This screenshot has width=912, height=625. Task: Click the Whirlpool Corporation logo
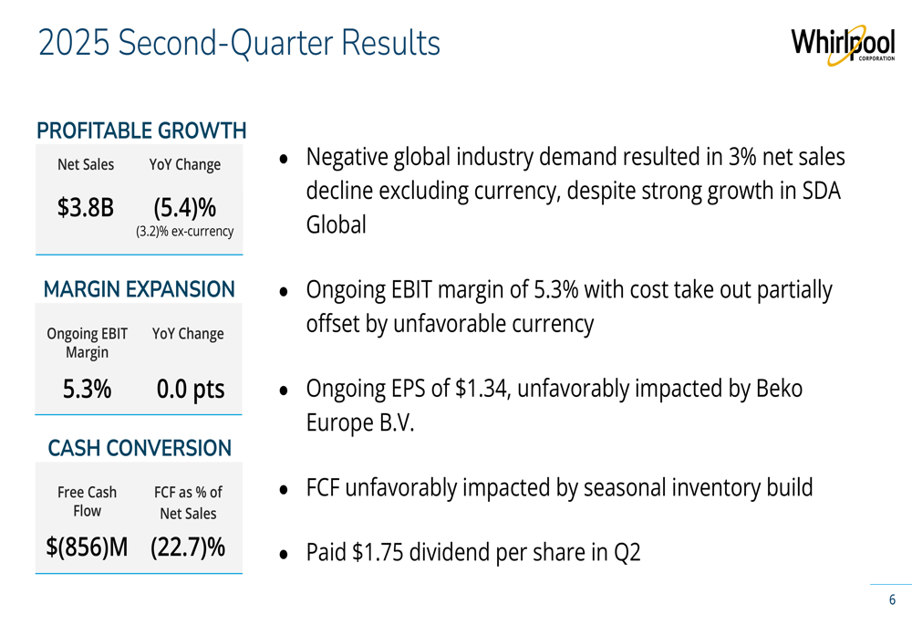coord(842,46)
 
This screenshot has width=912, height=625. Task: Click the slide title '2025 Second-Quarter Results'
coord(239,43)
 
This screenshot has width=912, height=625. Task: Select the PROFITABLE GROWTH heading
coord(141,130)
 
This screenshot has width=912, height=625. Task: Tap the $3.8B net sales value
coord(86,208)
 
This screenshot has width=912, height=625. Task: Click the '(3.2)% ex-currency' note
coord(185,232)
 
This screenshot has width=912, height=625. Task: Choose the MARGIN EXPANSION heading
coord(140,290)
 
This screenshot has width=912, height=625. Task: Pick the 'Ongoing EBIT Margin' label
coord(88,342)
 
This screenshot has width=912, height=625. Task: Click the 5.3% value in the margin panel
coord(88,390)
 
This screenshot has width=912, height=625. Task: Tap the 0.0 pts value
coord(190,390)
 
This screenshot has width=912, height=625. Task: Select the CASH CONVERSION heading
coord(140,448)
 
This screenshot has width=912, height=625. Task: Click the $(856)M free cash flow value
coord(88,547)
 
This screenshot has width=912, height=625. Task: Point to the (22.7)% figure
coord(188,547)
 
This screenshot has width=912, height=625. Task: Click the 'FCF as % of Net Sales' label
coord(188,503)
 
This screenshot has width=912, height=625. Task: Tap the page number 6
coord(892,600)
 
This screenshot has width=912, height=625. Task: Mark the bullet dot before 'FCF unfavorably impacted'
coord(285,490)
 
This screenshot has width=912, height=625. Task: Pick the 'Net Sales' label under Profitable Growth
coord(86,165)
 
